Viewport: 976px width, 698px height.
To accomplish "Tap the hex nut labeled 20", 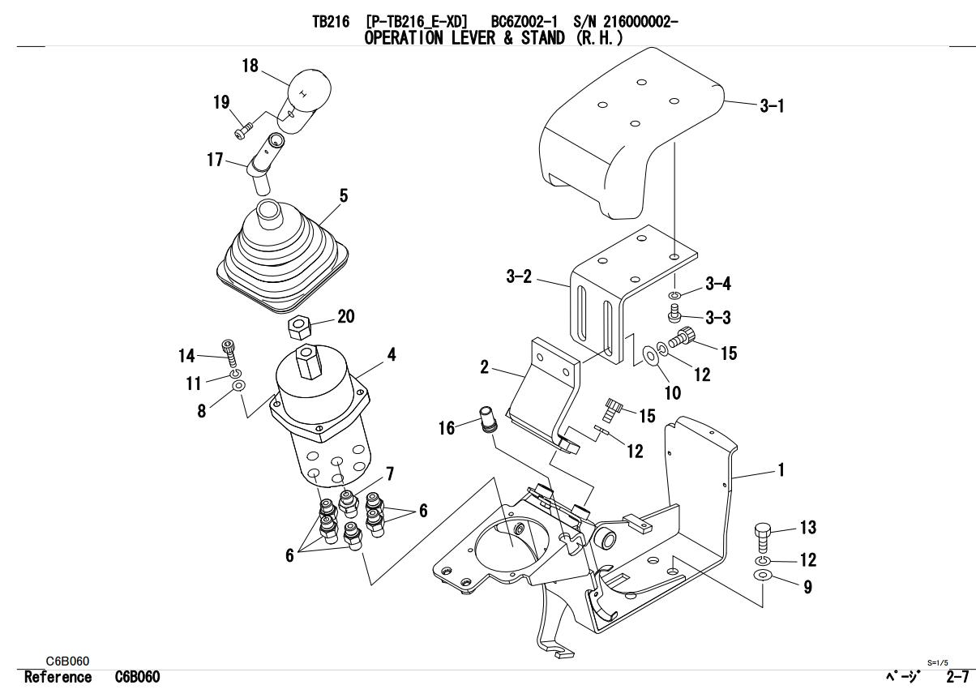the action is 300,328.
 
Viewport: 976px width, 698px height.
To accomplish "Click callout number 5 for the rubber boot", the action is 343,196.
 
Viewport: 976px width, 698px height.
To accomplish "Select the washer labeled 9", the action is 763,576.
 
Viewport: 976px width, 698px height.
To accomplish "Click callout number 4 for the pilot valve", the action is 391,354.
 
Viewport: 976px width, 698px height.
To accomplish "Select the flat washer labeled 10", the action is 649,355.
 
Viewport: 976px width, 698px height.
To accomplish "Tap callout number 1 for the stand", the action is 781,470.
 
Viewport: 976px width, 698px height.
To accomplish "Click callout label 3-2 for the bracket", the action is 519,277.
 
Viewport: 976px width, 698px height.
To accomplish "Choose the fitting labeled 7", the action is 349,503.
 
